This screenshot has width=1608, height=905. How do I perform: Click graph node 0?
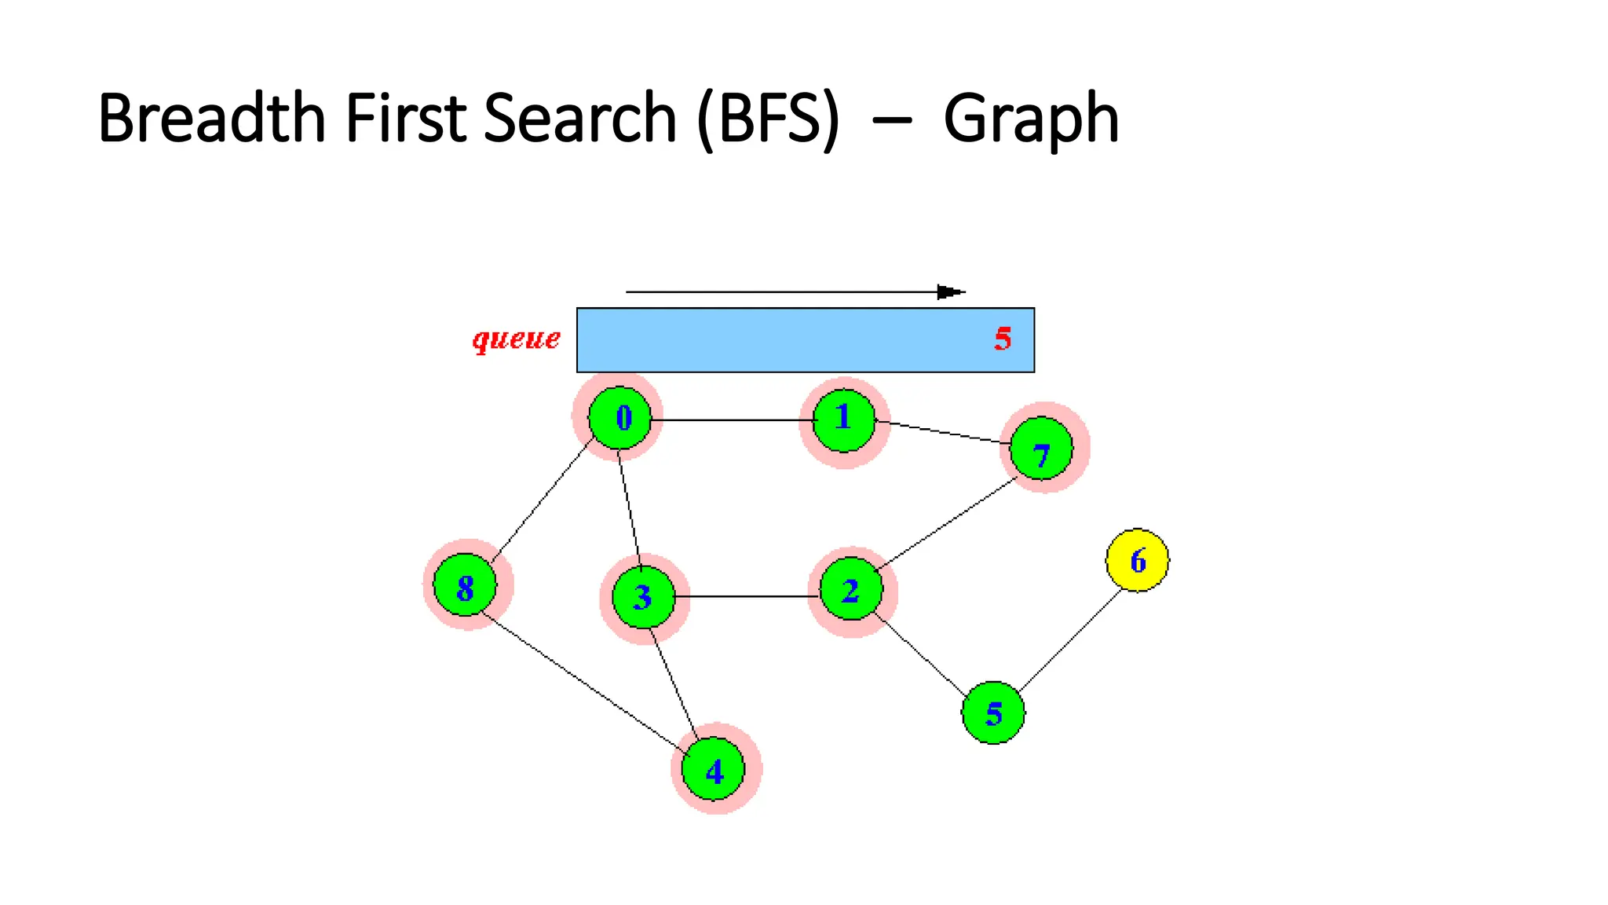coord(620,418)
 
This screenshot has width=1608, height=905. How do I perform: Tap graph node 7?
coord(1041,449)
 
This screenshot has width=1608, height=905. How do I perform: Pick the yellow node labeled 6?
coord(1137,560)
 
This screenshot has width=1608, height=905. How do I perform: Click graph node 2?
coord(851,589)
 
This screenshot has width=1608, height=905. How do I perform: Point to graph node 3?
coord(643,597)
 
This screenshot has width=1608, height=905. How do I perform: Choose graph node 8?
coord(465,585)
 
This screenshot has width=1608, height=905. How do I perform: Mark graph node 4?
coord(714,769)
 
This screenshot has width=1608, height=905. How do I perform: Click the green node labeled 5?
coord(993,713)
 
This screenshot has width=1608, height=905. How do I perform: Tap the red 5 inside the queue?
coord(1003,339)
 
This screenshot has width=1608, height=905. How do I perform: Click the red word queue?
coord(516,339)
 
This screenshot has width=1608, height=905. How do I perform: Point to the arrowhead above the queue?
coord(950,292)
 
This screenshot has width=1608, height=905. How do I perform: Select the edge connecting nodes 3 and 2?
coord(746,597)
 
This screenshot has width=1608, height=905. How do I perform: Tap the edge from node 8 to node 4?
coord(581,680)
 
